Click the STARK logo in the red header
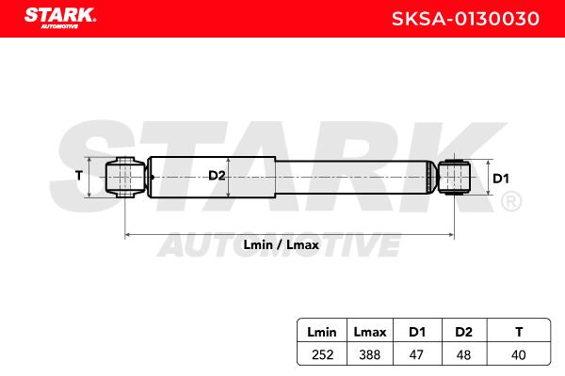click(x=60, y=18)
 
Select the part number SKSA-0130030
click(x=465, y=19)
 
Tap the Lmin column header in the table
click(x=322, y=332)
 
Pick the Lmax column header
click(x=370, y=332)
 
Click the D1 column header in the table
click(x=417, y=332)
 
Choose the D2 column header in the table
click(x=463, y=332)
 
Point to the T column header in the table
click(x=519, y=332)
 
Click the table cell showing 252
click(x=322, y=354)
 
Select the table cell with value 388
click(x=370, y=354)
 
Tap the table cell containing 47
click(x=416, y=354)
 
